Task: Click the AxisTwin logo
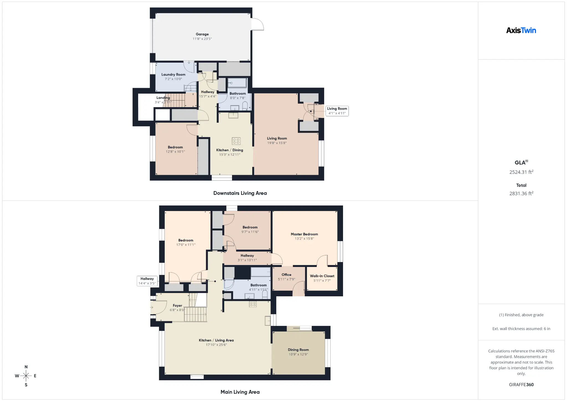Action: (x=521, y=30)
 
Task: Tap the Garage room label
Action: (x=202, y=34)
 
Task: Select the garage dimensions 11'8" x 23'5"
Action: (x=202, y=39)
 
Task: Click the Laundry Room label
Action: (x=173, y=74)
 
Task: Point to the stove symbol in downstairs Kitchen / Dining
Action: (x=236, y=141)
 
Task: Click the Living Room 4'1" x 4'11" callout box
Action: (x=337, y=111)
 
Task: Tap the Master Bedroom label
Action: (x=304, y=234)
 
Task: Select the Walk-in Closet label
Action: (x=322, y=276)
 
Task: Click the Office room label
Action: (x=287, y=275)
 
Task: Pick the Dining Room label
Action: (x=298, y=350)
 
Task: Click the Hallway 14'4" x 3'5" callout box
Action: (x=147, y=281)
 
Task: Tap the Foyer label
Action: (x=177, y=306)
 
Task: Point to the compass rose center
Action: (x=26, y=376)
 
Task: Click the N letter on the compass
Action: (x=26, y=367)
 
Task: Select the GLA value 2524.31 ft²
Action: (x=521, y=172)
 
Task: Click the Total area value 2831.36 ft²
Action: (x=521, y=194)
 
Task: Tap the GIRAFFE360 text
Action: (x=521, y=385)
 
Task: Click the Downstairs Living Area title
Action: (x=240, y=193)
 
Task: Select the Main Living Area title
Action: (x=240, y=392)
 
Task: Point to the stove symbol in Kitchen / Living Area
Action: (x=253, y=304)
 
